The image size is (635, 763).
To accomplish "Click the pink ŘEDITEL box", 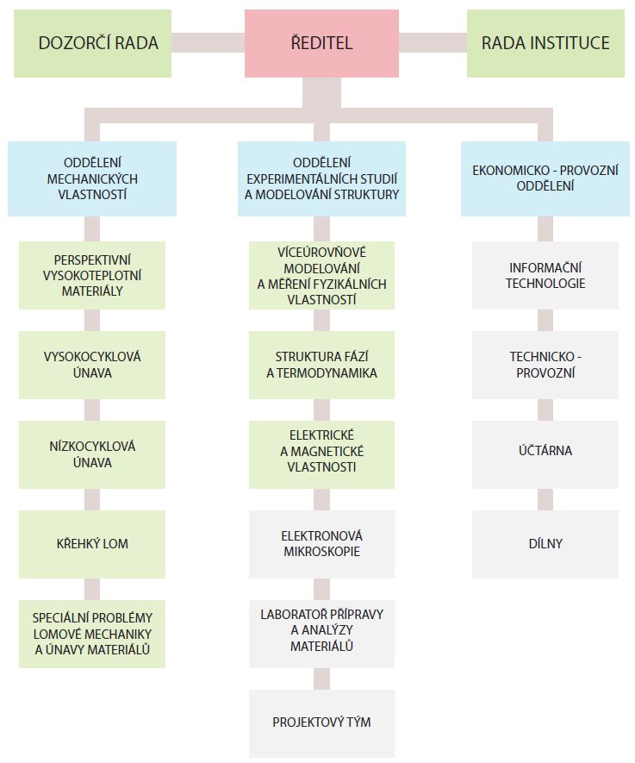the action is tap(321, 43).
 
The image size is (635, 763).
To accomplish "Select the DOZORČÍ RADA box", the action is tap(92, 43).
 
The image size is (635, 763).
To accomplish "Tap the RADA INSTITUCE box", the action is tap(545, 43).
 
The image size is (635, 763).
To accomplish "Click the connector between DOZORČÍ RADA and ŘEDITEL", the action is tap(208, 43).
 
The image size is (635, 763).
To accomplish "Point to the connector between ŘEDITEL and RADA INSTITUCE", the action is tap(433, 43).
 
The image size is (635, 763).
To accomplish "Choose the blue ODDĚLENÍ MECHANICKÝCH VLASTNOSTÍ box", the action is tap(92, 178).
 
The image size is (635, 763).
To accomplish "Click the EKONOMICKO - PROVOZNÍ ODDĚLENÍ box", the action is tap(545, 178).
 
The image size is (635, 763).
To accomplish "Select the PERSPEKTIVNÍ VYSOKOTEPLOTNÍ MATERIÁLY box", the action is tap(92, 275).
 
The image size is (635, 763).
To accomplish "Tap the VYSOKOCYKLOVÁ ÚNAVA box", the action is tap(92, 365).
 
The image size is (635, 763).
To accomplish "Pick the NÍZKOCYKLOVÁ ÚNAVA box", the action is tap(92, 454).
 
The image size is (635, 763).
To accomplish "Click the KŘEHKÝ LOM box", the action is tap(92, 544).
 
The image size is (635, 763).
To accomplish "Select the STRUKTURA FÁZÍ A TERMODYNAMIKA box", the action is tap(321, 365).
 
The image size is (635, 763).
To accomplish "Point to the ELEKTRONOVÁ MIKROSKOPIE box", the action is tap(321, 544).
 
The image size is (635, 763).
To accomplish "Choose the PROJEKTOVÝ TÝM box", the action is tap(321, 723).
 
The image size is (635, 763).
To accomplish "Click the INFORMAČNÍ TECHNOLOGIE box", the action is tap(545, 275).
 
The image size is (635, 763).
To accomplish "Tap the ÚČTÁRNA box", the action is tap(545, 454).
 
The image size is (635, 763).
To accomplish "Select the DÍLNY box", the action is tap(545, 544).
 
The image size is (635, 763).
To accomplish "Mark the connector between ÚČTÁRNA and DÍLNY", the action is tap(545, 499).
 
